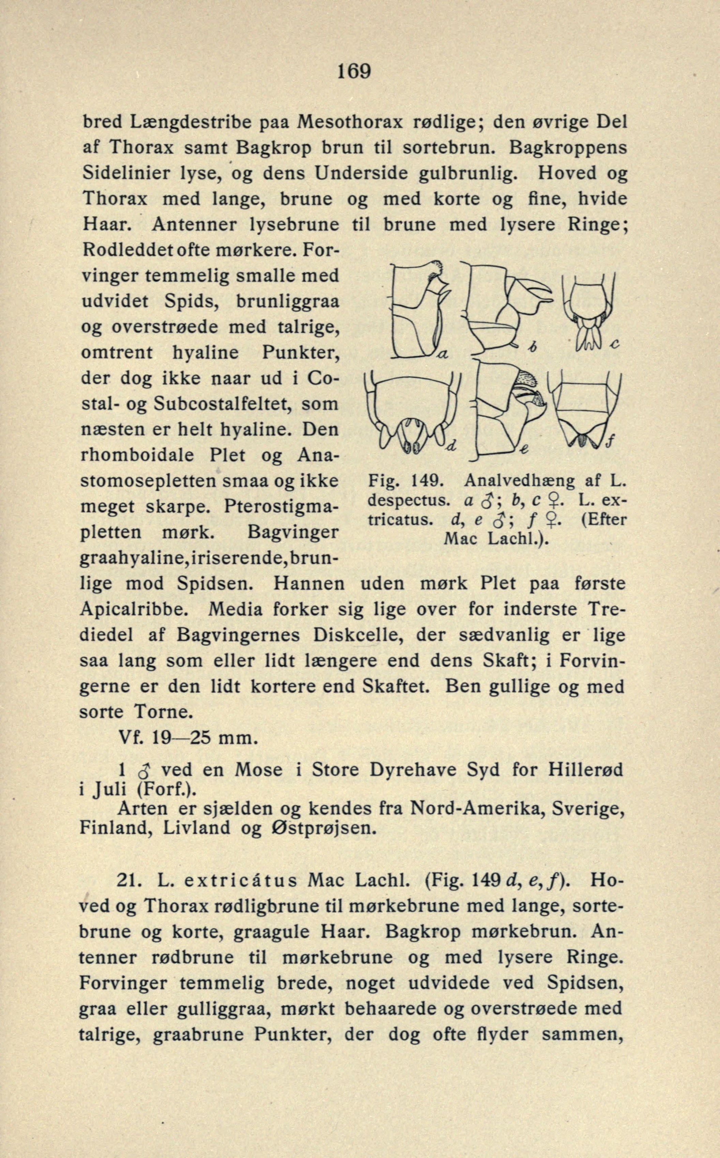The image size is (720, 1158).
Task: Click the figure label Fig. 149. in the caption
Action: [406, 480]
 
